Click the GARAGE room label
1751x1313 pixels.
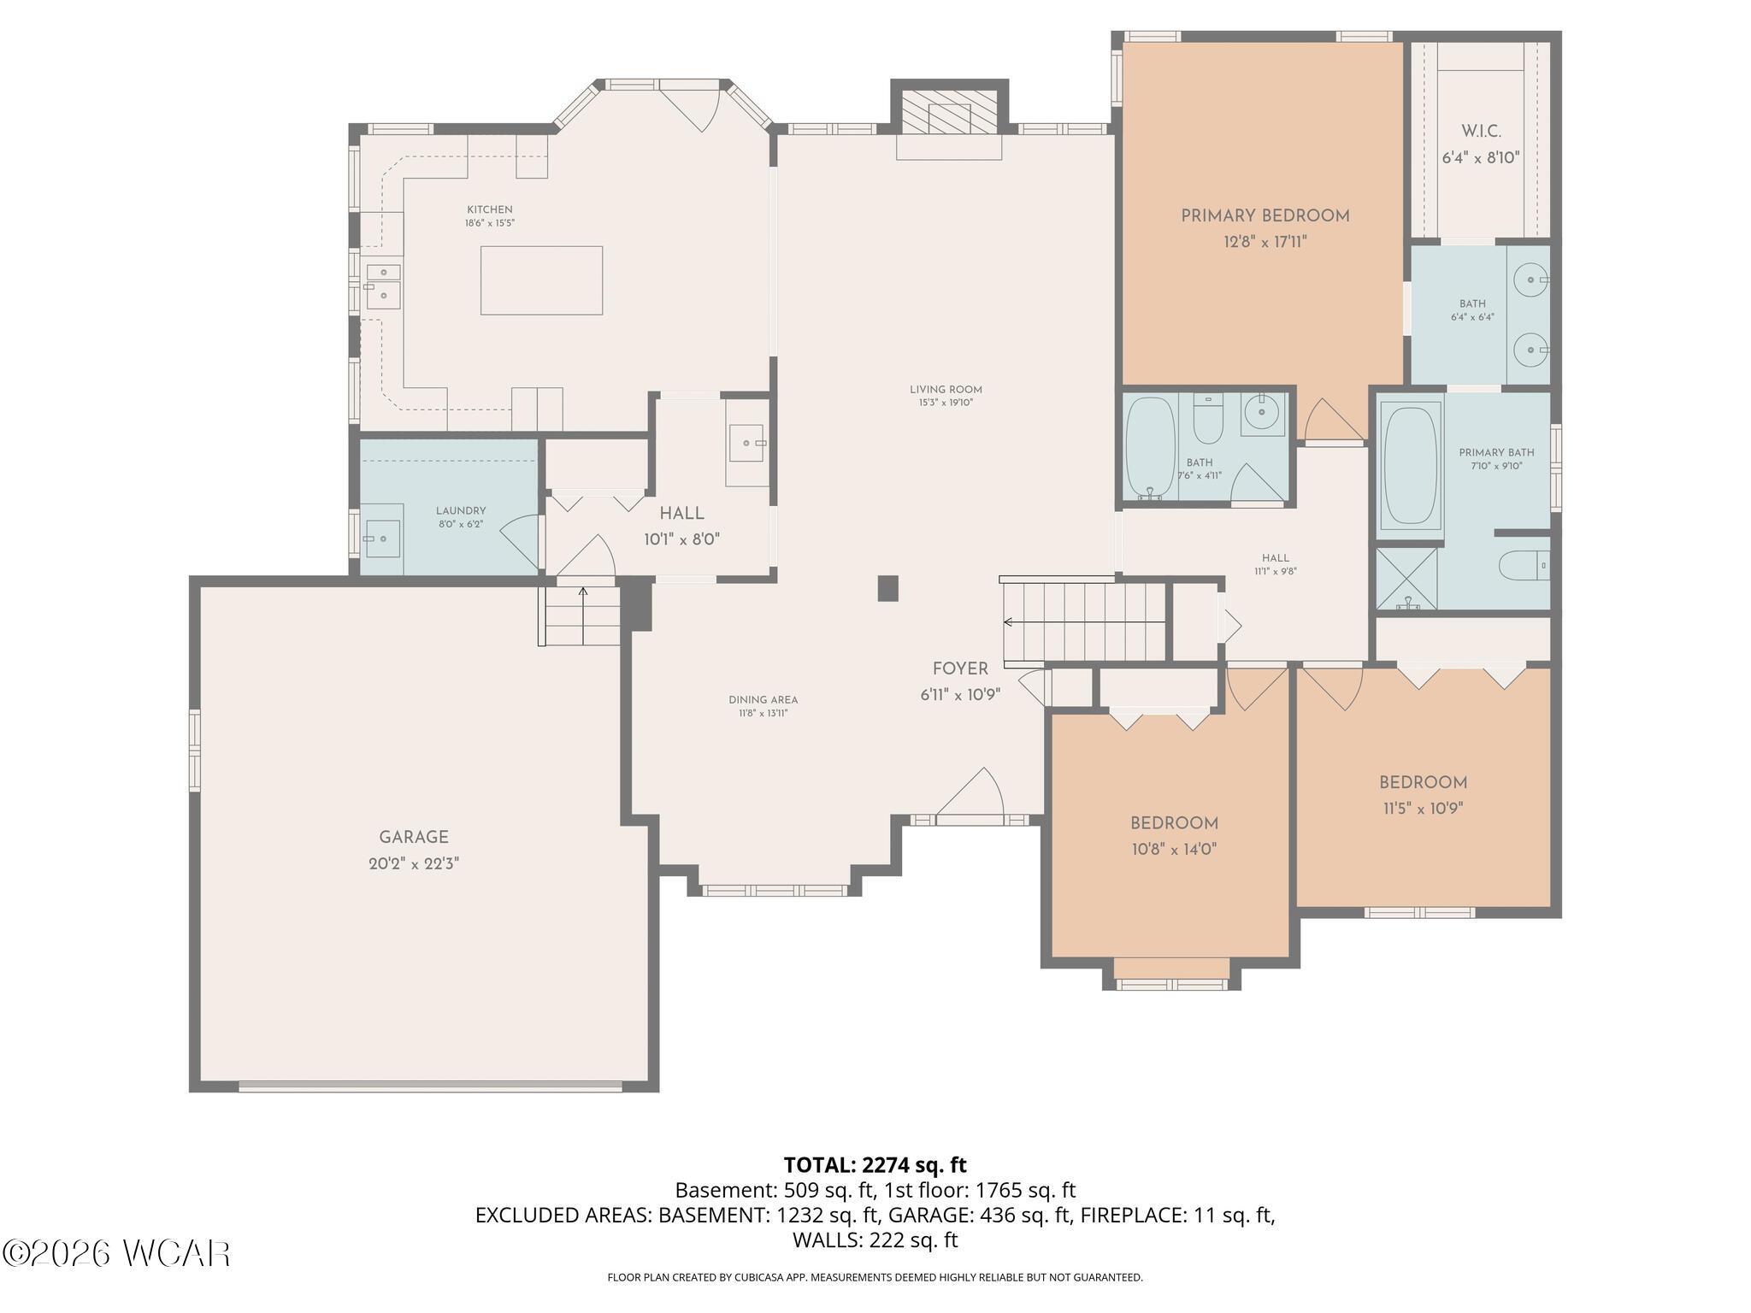coord(414,838)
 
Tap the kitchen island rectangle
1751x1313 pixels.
coord(541,280)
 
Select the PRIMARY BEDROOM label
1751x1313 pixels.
coord(1265,216)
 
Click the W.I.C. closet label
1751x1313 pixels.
coord(1481,132)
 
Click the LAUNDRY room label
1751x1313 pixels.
coord(461,511)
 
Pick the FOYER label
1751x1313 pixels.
coord(960,669)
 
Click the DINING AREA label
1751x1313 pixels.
coord(763,700)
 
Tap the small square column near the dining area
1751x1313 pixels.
coord(888,588)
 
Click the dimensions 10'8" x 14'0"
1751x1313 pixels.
coord(1174,850)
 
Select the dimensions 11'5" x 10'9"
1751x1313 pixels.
coord(1423,809)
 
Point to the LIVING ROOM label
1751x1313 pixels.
coord(946,390)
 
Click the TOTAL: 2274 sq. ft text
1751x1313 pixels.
coord(875,1165)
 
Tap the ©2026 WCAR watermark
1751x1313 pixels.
coord(116,1254)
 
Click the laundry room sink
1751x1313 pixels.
coord(382,538)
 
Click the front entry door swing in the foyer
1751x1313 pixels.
coord(970,794)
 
